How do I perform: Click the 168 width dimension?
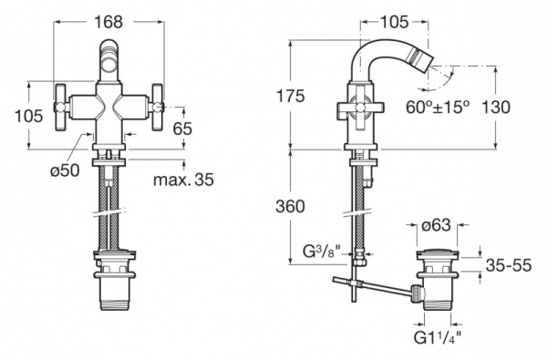coord(108,22)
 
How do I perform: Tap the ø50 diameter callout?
coord(65,170)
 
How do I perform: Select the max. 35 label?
coord(183,180)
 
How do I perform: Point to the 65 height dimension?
coord(183,129)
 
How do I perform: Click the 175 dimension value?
coord(290,96)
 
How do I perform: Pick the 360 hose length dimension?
coord(290,206)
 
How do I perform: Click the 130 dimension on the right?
coord(495,108)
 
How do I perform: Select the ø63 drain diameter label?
coord(436,225)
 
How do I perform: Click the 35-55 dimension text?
coord(509,265)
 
